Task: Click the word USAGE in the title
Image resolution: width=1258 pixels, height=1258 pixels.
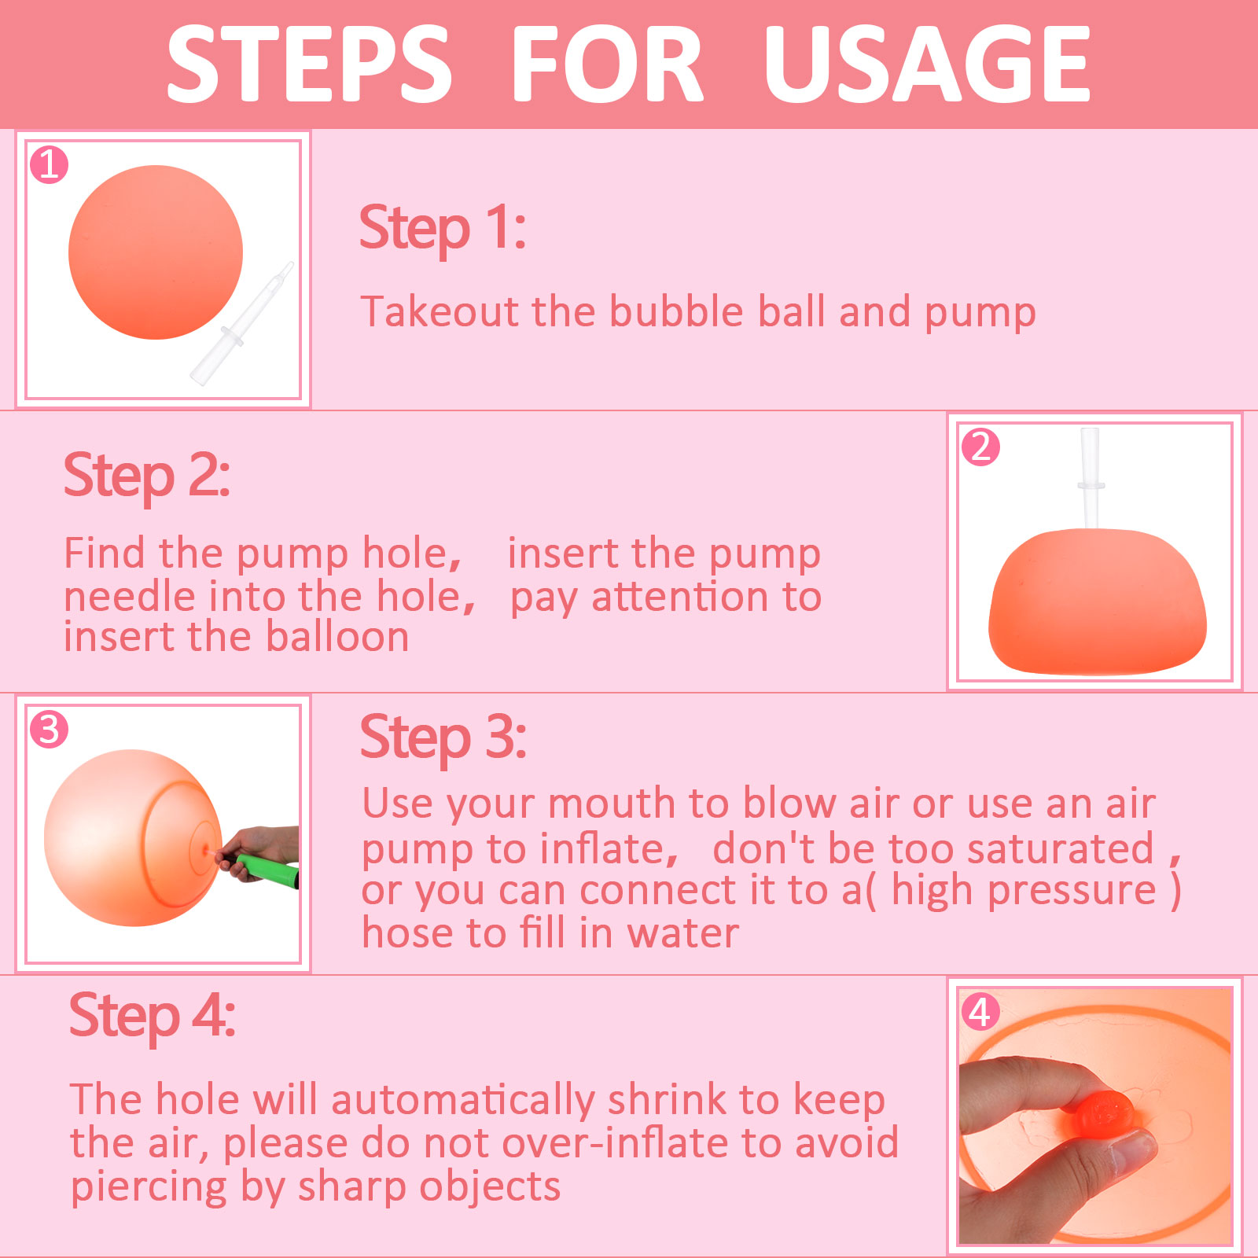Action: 927,64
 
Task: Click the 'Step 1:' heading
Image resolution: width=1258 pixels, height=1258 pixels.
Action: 443,229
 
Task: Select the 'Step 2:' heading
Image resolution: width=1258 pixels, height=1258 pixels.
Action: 147,476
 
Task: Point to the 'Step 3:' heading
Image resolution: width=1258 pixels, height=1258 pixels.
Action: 443,738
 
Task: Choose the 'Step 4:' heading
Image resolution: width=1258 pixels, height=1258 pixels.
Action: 153,1016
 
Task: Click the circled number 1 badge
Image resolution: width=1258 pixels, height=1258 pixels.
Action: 49,165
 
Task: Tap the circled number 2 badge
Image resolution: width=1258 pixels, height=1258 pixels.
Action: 980,447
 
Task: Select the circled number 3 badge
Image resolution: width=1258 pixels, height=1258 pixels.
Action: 49,729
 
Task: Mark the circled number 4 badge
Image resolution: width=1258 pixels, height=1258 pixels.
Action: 980,1011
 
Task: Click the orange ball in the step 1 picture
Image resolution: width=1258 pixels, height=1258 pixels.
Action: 156,252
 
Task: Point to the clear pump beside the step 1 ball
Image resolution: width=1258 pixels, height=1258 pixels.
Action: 242,324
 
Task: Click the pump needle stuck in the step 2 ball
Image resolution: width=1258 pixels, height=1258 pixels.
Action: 1091,478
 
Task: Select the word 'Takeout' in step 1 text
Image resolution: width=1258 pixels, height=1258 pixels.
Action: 439,311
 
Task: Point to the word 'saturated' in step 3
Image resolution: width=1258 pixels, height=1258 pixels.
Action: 1061,848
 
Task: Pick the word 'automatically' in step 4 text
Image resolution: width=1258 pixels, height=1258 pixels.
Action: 463,1101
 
